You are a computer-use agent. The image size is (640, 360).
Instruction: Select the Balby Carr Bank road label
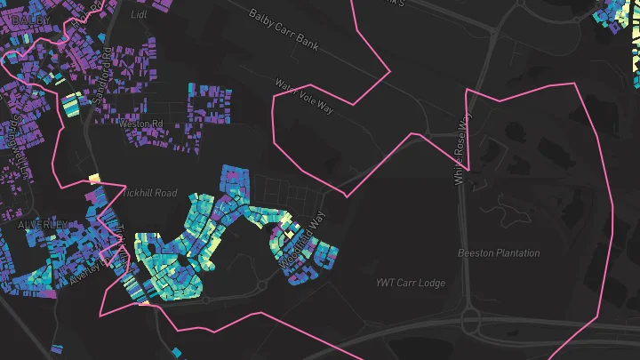tap(284, 30)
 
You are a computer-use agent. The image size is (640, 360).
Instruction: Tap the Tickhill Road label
tap(150, 193)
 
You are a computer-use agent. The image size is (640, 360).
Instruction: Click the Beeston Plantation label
tap(499, 253)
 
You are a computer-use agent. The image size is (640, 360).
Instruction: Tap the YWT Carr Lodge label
tap(410, 284)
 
